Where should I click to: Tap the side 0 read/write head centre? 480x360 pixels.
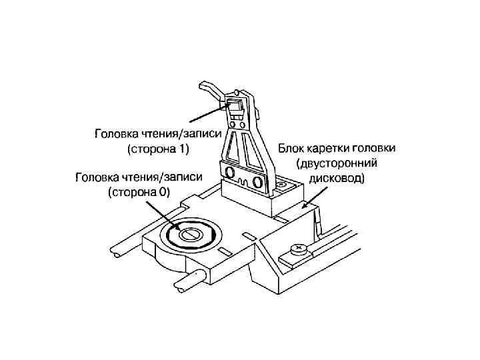tap(190, 234)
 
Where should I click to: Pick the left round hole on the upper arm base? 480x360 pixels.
tap(231, 173)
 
